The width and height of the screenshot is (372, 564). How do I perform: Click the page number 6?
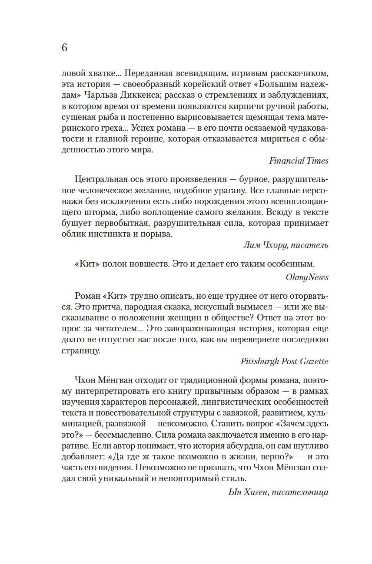click(x=64, y=48)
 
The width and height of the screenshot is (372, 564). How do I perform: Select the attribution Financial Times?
click(x=299, y=161)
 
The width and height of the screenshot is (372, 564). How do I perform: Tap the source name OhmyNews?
click(x=307, y=277)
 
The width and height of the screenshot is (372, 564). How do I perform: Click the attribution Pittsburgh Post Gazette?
click(x=284, y=361)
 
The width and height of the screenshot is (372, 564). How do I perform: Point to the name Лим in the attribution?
click(x=252, y=245)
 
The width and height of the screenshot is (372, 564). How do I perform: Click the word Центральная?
click(x=100, y=179)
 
